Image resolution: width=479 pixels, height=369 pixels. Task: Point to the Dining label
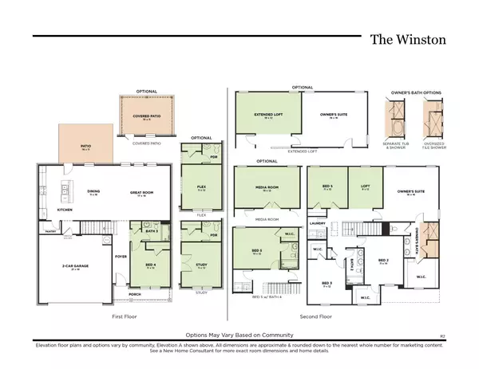(93, 192)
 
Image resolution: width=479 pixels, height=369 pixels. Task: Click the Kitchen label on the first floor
(44, 211)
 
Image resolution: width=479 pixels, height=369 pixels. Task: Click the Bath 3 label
(150, 230)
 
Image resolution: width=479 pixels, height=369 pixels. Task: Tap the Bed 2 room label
(382, 260)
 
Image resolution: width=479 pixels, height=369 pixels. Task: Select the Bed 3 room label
(327, 283)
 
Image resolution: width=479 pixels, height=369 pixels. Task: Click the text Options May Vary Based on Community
(239, 336)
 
